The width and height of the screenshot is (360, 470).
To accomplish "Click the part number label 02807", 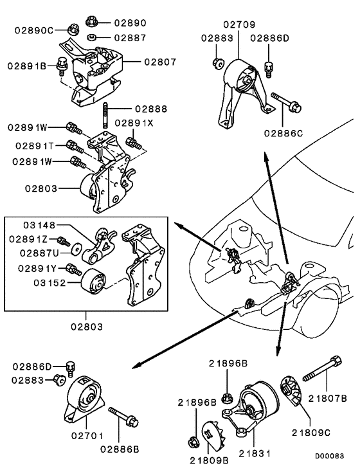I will click(160, 62).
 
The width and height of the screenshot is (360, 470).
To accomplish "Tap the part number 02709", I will click(239, 25).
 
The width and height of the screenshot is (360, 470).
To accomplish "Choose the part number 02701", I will click(83, 435).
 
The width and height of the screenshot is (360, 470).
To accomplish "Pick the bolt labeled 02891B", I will click(62, 64).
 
